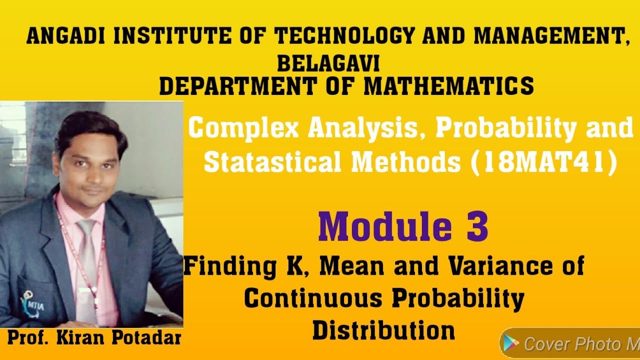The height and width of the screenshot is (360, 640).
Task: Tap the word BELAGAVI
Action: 328,64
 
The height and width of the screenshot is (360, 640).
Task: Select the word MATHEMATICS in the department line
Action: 448,86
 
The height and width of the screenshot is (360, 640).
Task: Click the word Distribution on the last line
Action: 383,330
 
